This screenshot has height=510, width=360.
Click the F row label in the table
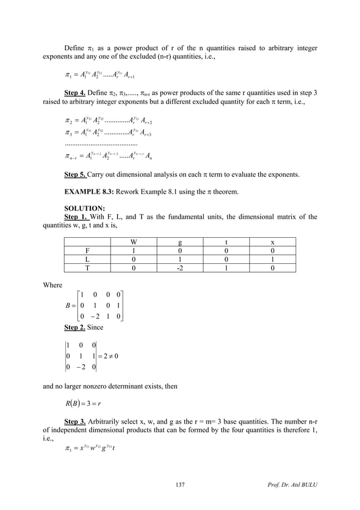click(x=87, y=251)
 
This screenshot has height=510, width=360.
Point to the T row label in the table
click(x=87, y=268)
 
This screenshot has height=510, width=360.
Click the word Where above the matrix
click(x=53, y=285)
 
